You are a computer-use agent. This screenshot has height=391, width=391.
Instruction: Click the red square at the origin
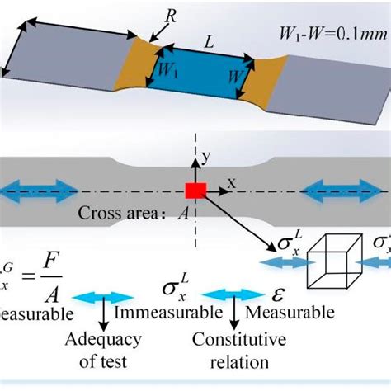(x=195, y=191)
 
